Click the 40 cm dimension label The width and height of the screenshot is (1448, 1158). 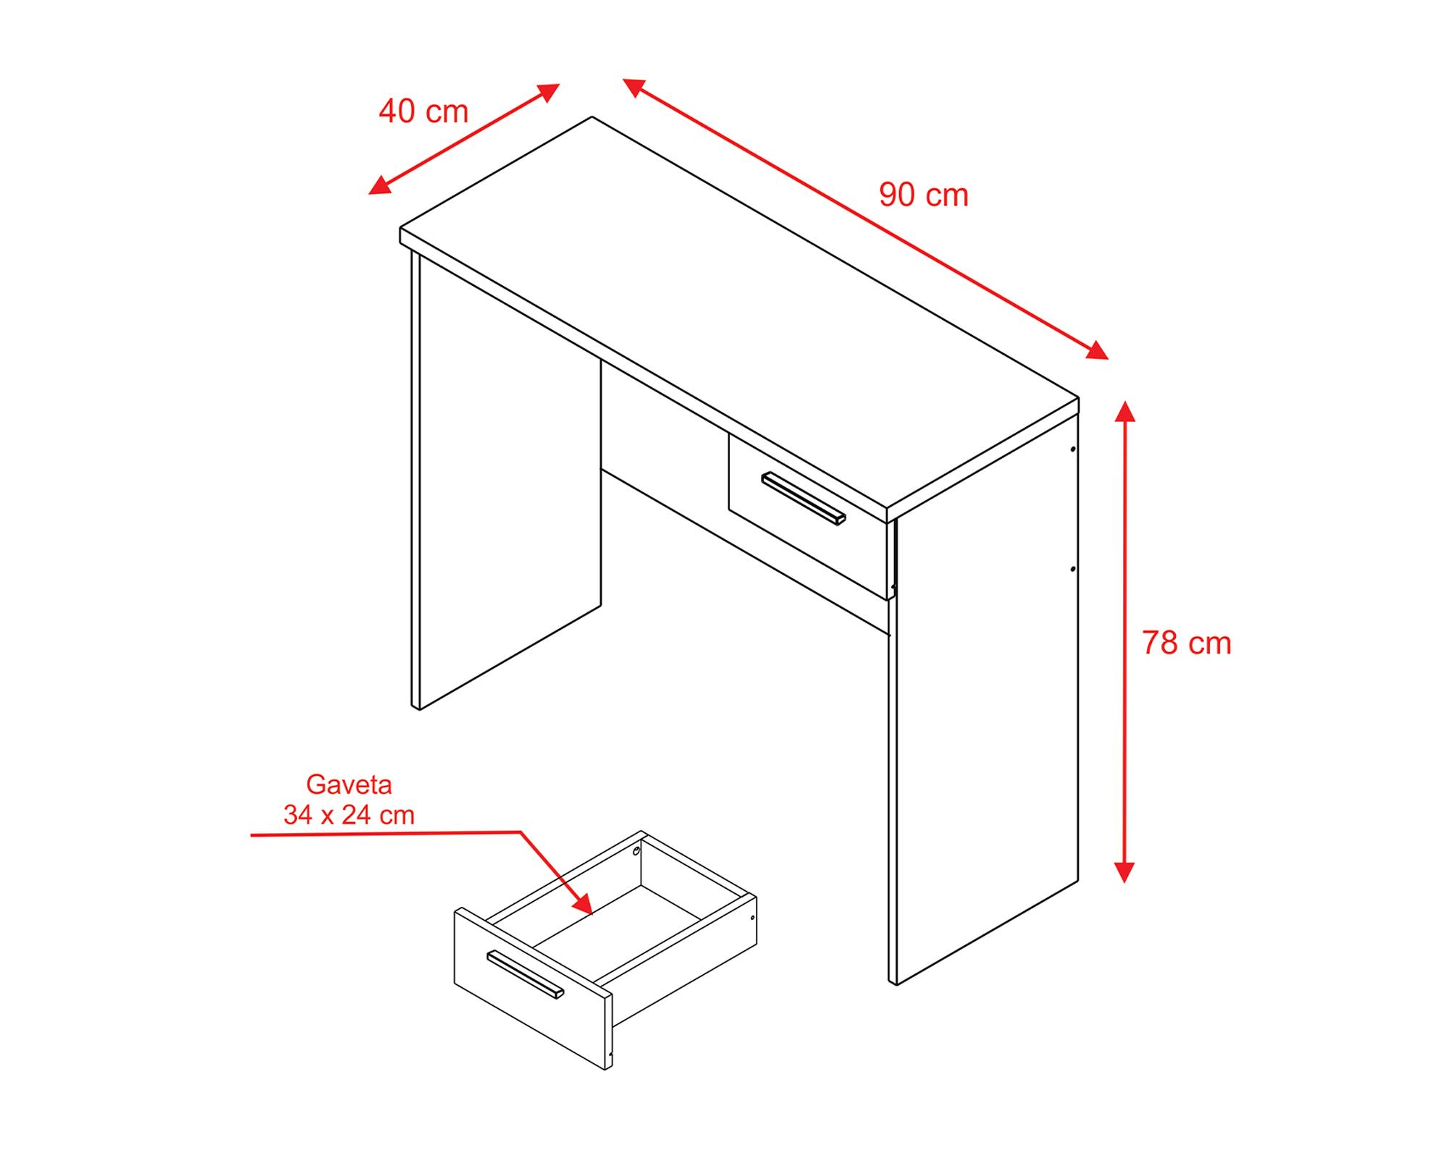(424, 111)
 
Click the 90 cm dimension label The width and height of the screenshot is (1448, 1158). (924, 195)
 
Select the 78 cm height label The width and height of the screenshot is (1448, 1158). (1187, 643)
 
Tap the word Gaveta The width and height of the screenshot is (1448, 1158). (349, 785)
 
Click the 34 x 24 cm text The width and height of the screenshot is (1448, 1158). (349, 816)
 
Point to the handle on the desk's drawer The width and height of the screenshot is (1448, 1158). (804, 499)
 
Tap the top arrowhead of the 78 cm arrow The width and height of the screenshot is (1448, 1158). (1124, 411)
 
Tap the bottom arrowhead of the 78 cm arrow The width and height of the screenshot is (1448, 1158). (1124, 871)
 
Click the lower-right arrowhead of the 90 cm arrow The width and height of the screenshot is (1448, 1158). (1097, 351)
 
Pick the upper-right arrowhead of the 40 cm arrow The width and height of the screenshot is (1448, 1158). (548, 92)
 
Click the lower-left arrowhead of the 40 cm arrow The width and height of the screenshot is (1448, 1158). (380, 185)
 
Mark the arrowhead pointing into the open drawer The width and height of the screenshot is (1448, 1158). (584, 903)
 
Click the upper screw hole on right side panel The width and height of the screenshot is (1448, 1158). (1073, 449)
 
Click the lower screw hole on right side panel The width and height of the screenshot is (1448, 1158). (1073, 569)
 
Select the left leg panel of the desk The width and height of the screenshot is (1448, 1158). (507, 507)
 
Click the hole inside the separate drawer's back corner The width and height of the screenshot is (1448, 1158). (636, 851)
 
